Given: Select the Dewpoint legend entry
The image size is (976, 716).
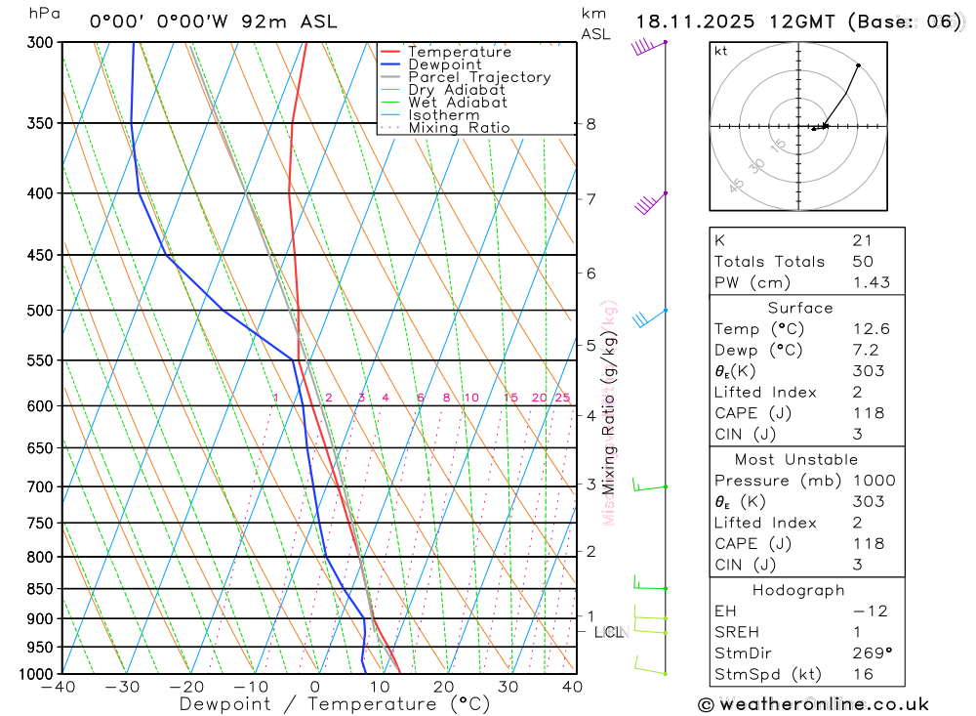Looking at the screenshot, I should pyautogui.click(x=444, y=64).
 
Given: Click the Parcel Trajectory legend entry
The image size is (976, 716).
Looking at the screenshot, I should pyautogui.click(x=479, y=77).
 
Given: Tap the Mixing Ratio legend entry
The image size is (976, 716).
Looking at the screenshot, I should pyautogui.click(x=459, y=127).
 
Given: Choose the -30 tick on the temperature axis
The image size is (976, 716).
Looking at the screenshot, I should pyautogui.click(x=123, y=687).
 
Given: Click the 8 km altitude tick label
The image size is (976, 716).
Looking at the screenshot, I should pyautogui.click(x=591, y=124).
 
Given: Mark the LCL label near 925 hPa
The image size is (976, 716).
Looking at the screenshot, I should pyautogui.click(x=608, y=632).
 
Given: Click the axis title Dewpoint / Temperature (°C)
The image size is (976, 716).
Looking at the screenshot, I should pyautogui.click(x=335, y=704).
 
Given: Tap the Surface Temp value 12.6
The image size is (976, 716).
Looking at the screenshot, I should pyautogui.click(x=871, y=329).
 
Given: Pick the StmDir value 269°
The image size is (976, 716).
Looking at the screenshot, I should pyautogui.click(x=871, y=653).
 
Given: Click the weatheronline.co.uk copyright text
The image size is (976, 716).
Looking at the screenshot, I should pyautogui.click(x=814, y=704).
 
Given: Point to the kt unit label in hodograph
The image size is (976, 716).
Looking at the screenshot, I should pyautogui.click(x=721, y=52).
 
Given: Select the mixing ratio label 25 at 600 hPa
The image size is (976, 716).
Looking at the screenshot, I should pyautogui.click(x=562, y=398).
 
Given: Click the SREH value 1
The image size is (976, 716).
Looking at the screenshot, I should pyautogui.click(x=855, y=632).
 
